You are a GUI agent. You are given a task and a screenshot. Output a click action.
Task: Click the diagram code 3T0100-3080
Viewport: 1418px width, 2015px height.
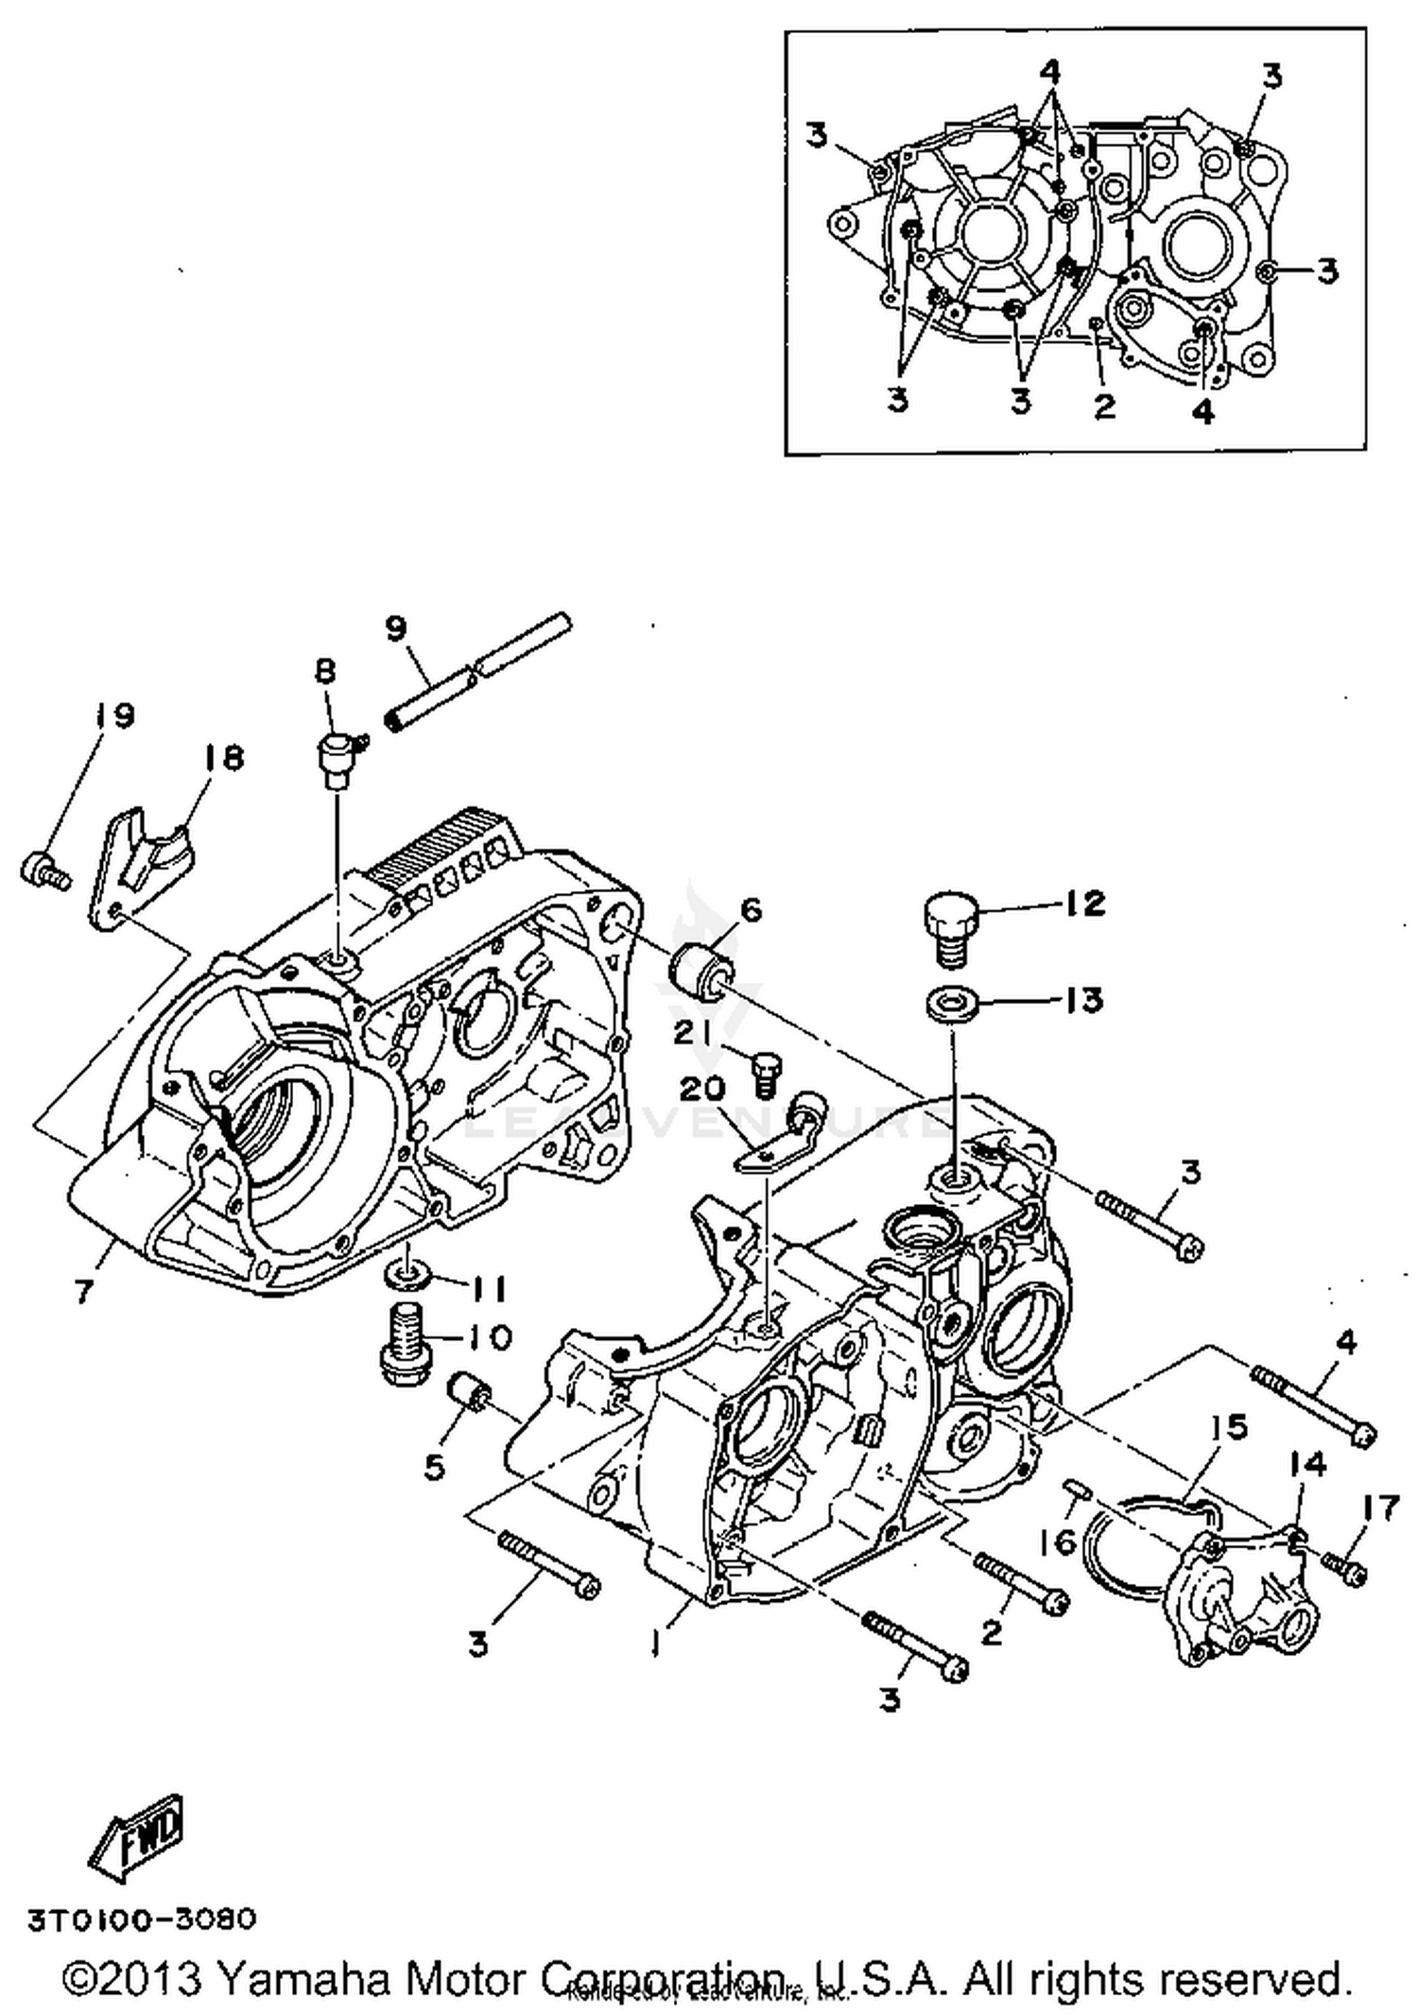(x=142, y=1920)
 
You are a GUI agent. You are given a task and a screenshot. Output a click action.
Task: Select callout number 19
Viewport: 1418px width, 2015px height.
(x=113, y=715)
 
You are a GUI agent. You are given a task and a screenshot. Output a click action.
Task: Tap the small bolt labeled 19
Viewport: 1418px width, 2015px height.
(x=43, y=869)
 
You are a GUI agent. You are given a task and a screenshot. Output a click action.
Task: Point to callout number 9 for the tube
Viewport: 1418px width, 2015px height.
(x=396, y=628)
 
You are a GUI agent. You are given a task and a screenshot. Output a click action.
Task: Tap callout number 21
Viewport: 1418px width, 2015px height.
(x=693, y=1034)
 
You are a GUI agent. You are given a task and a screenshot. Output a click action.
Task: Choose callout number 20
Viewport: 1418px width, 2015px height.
(x=703, y=1091)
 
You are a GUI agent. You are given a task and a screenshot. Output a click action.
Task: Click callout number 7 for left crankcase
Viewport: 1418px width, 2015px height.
(x=84, y=1290)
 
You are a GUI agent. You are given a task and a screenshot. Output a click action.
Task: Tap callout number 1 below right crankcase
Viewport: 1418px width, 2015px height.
(x=655, y=1645)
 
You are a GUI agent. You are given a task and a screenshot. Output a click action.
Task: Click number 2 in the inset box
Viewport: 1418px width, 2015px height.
(x=1104, y=406)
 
